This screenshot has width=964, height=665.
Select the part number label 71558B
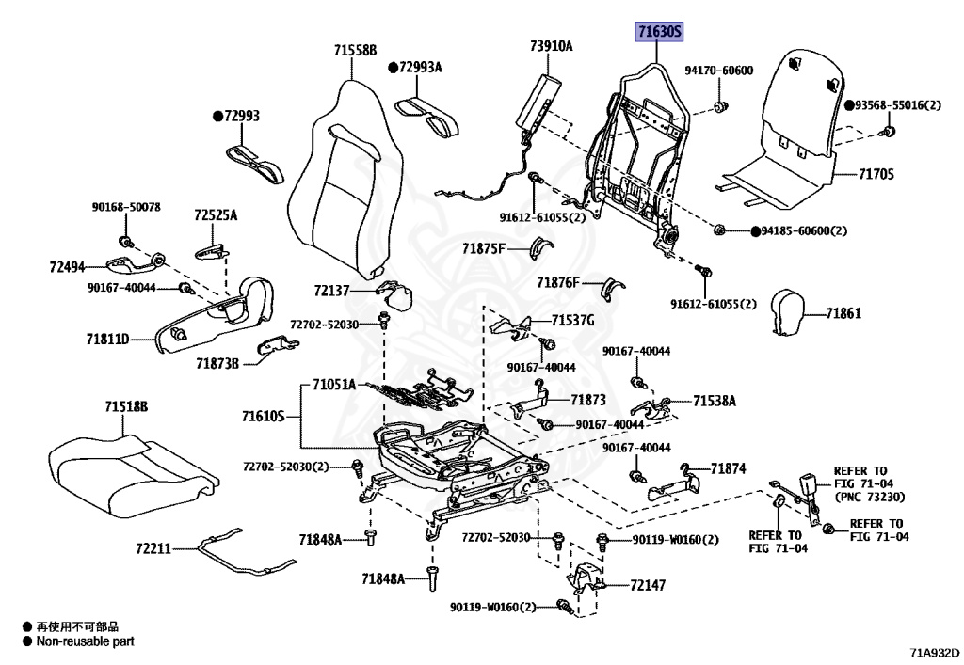(354, 50)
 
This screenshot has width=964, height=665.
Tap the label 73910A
(551, 45)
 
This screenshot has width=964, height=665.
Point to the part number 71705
(876, 174)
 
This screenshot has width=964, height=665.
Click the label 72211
(153, 547)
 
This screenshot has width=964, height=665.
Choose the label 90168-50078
(125, 207)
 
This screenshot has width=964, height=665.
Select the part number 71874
(728, 468)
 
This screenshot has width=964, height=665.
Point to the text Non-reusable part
(85, 641)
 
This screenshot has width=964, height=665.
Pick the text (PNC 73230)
(871, 497)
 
